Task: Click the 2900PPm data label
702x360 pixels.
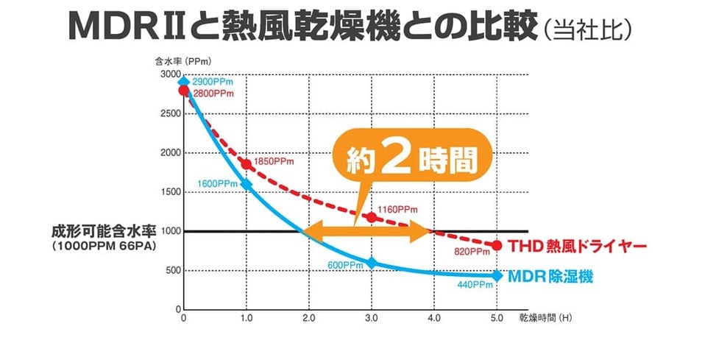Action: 213,82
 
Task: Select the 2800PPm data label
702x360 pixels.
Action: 213,93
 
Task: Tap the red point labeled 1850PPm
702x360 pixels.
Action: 247,163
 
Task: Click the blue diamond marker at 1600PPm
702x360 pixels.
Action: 247,184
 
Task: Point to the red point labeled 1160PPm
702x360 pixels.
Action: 372,217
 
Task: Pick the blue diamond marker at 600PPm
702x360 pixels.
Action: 372,263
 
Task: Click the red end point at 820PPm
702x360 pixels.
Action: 497,245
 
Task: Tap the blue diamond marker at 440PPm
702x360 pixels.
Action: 497,275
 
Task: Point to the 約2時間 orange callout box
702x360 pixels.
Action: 409,161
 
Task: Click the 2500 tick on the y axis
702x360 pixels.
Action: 169,114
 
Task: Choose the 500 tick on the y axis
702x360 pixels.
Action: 171,270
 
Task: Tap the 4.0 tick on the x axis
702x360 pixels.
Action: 434,319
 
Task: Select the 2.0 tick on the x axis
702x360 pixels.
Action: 309,319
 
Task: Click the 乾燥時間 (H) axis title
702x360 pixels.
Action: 545,319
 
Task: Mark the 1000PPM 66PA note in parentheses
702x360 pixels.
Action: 104,245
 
